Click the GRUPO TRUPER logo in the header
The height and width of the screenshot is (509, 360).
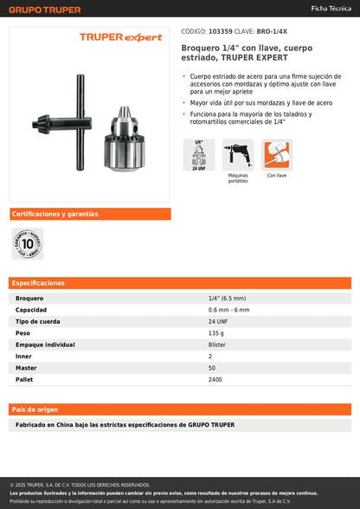(45, 10)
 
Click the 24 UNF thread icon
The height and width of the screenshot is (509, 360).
(198, 156)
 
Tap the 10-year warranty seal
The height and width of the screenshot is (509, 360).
(27, 244)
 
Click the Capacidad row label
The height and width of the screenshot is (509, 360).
(31, 309)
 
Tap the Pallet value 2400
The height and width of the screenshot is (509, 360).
(215, 379)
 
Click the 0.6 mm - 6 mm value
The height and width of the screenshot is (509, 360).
(228, 309)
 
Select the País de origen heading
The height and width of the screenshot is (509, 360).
(35, 409)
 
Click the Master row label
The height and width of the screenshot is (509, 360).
(26, 368)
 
